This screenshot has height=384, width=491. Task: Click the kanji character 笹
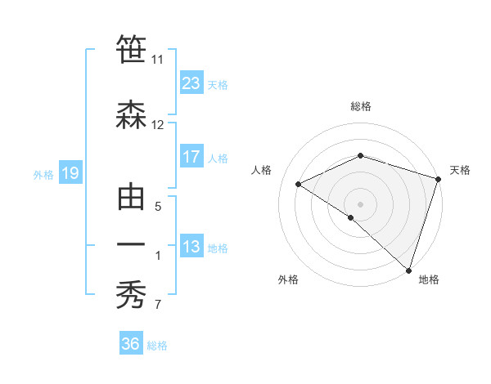pos(132,51)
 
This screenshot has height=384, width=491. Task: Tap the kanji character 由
pos(132,196)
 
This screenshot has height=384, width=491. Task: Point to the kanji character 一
pos(132,244)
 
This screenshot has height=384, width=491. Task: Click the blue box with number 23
pos(191,83)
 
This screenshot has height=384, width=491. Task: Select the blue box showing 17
pos(191,157)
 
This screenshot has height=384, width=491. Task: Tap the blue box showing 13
pos(191,247)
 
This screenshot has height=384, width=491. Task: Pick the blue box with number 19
pos(70,173)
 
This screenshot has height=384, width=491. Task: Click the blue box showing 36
pos(131,344)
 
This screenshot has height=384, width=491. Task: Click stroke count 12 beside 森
pos(157,125)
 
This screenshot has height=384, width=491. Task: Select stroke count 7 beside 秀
pos(157,306)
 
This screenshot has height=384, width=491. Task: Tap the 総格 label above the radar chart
pos(360,106)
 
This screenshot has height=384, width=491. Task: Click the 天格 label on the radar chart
pos(460,170)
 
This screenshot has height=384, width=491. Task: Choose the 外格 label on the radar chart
pos(288,279)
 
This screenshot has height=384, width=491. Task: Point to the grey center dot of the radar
pos(360,203)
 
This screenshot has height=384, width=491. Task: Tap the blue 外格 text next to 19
pos(43,174)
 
